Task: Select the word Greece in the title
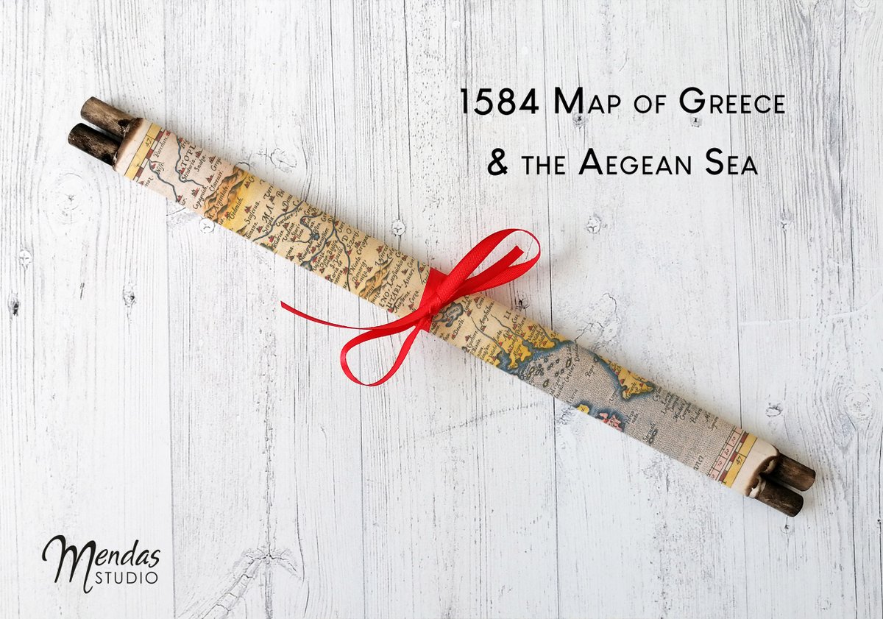[x=731, y=102]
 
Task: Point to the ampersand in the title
[x=497, y=163]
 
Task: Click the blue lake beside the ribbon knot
[x=450, y=314]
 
